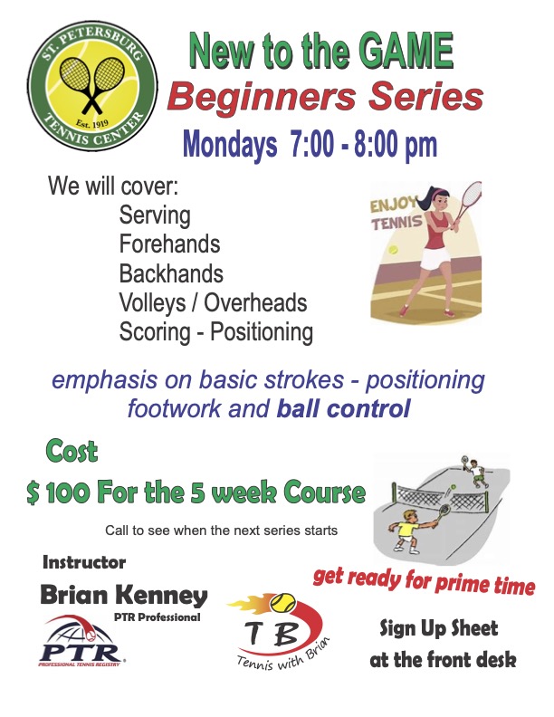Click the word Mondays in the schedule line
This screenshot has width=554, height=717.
tap(229, 144)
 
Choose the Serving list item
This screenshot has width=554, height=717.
tap(155, 215)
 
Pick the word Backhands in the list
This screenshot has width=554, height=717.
tap(171, 273)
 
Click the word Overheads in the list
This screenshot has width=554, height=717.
tap(255, 302)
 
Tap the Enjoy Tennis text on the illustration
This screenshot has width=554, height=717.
tap(396, 213)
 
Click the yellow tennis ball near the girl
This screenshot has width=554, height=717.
tap(392, 250)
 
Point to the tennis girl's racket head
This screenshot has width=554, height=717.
tap(470, 197)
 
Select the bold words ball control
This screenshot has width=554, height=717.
tap(343, 408)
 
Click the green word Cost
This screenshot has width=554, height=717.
tap(72, 452)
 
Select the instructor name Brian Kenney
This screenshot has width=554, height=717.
tap(124, 596)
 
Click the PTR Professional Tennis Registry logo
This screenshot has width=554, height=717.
tap(81, 641)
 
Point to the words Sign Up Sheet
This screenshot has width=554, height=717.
tap(438, 628)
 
